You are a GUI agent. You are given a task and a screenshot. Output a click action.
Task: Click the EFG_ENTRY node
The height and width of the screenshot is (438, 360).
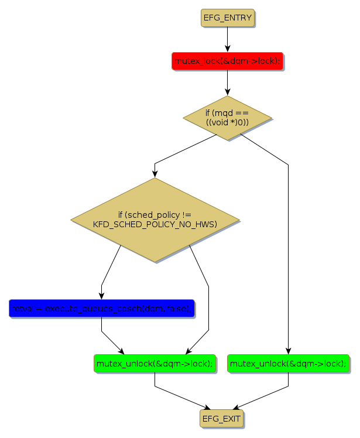pyautogui.click(x=228, y=18)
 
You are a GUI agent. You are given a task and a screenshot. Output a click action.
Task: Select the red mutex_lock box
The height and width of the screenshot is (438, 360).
pyautogui.click(x=228, y=61)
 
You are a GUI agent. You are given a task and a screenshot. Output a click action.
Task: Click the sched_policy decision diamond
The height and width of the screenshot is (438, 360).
pyautogui.click(x=155, y=220)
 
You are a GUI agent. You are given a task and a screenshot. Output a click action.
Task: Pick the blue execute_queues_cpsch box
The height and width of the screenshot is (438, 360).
pyautogui.click(x=101, y=308)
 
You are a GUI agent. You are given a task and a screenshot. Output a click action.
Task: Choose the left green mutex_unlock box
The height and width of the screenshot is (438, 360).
pyautogui.click(x=155, y=364)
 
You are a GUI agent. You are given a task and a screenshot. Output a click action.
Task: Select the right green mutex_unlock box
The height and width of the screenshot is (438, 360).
pyautogui.click(x=288, y=364)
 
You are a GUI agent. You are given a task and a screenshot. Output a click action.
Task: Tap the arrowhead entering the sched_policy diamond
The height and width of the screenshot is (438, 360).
pyautogui.click(x=155, y=173)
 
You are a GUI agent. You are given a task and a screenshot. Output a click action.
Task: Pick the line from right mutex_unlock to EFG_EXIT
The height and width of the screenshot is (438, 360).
pyautogui.click(x=263, y=397)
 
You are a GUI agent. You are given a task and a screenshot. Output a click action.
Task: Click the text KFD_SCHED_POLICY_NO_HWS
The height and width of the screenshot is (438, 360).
pyautogui.click(x=155, y=225)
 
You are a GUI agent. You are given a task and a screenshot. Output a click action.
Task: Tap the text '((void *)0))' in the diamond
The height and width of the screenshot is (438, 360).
pyautogui.click(x=228, y=122)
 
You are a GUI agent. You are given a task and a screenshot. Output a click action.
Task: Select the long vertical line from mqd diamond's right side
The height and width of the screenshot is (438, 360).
pyautogui.click(x=288, y=252)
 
